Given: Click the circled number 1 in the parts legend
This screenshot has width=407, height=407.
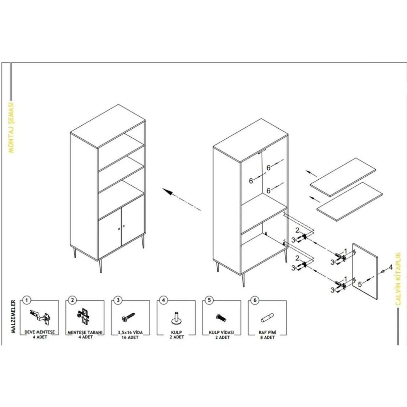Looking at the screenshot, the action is click(x=27, y=300).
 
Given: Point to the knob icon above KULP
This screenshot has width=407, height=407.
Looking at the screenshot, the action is click(x=176, y=318).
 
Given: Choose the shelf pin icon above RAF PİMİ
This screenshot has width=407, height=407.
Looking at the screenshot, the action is click(x=267, y=318).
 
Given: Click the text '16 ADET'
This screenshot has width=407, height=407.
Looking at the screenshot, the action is click(x=130, y=337).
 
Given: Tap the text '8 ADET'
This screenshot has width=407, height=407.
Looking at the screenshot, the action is click(x=268, y=337).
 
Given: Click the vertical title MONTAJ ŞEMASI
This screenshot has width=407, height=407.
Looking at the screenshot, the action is click(x=11, y=128).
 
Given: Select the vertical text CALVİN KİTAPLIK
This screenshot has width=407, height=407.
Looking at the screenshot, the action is click(x=398, y=279).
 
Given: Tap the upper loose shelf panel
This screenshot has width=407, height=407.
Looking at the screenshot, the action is click(x=343, y=177).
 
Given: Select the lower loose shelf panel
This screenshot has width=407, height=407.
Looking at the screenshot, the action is click(x=350, y=202).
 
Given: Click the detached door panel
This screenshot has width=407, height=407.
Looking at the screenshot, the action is click(x=365, y=271).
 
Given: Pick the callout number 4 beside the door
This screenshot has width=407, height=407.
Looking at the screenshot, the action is click(x=391, y=267).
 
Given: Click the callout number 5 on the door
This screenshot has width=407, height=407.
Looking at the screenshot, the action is click(x=360, y=284).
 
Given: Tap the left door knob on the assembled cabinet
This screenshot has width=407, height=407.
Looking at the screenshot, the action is click(x=119, y=229).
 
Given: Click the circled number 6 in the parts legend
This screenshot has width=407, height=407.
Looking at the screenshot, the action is click(x=255, y=300).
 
